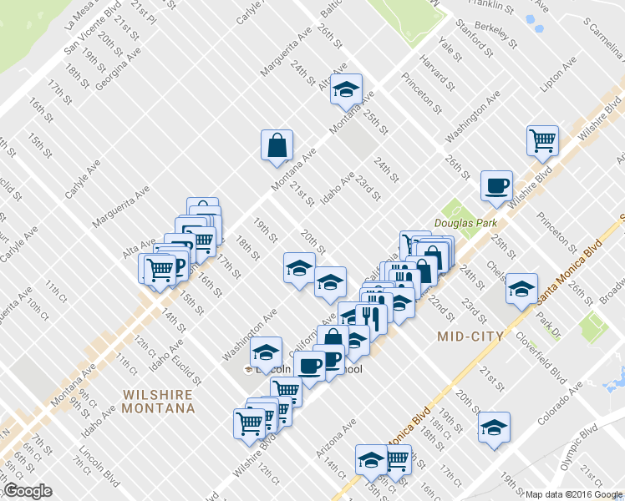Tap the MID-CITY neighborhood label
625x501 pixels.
pyautogui.click(x=470, y=336)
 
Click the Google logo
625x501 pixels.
pyautogui.click(x=27, y=491)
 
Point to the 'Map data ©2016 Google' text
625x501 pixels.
pyautogui.click(x=574, y=494)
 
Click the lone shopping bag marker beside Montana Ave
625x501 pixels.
pyautogui.click(x=276, y=146)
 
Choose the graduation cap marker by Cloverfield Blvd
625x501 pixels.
pyautogui.click(x=522, y=288)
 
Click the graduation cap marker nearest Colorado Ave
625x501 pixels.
pyautogui.click(x=494, y=428)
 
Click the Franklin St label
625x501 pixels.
pyautogui.click(x=491, y=6)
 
